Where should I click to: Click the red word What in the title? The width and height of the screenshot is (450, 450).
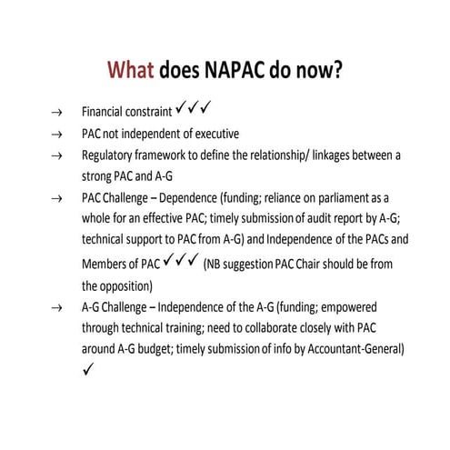pos(132,72)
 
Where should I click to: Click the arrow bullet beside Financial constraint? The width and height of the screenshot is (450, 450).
pos(56,115)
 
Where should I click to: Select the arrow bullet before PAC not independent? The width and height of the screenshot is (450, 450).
pos(56,135)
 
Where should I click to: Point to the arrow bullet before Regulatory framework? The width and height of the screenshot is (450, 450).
pos(56,155)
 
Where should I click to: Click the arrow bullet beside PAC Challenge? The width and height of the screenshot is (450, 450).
pos(56,197)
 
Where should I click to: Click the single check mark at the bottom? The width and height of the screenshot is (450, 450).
pos(86,370)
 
